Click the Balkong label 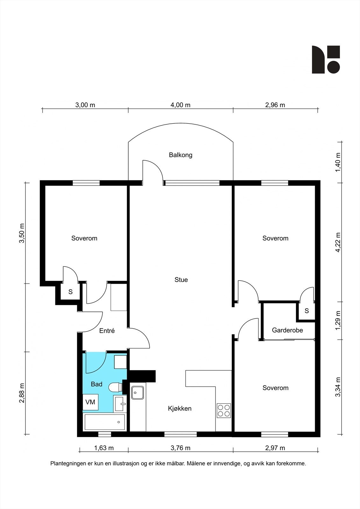pos(180,155)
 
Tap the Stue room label pos(181,280)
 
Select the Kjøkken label pos(180,408)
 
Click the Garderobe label pos(287,330)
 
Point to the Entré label pos(107,331)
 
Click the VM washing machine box pos(90,402)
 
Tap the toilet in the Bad pos(116,387)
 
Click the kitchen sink pos(138,393)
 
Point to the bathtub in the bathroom pos(105,422)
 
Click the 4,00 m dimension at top pos(180,105)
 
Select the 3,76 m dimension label pos(180,448)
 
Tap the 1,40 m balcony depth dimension pos(338,162)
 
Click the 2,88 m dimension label pos(22,393)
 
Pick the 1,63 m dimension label pos(104,448)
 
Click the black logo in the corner pos(326,59)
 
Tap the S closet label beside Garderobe pos(307,310)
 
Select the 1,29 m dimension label pos(338,320)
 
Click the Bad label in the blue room pos(96,384)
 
